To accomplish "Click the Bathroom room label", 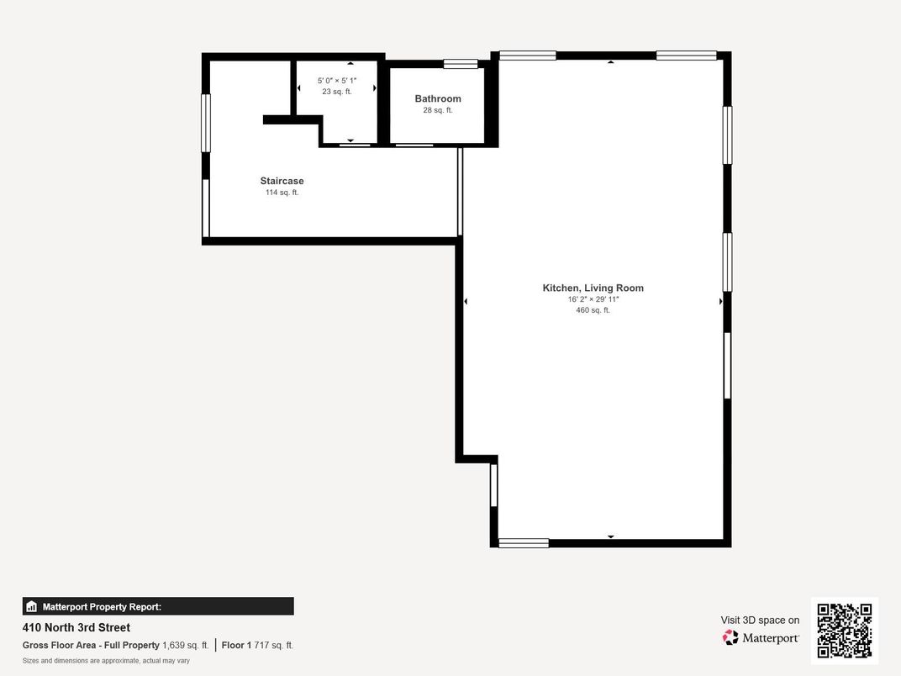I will coord(438,99).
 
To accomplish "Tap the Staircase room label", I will coord(282,181).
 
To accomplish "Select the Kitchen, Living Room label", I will coord(593,288).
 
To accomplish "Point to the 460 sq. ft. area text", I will coord(593,310).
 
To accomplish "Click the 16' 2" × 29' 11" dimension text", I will coord(593,299).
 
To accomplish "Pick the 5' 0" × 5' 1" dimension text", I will coord(337,81).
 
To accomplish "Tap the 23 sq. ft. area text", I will coord(337,92).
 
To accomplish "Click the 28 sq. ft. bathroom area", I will coord(438,110).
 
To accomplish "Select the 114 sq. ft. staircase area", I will coord(282,193).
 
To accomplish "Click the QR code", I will coord(844,631).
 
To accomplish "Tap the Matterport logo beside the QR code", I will coord(761,638).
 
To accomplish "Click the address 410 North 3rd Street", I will coord(76,627).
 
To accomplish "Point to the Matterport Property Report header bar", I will coord(158,606).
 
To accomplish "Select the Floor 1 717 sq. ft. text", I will coord(257,645).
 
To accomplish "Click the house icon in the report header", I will coord(32,606).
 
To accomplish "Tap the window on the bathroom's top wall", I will coord(461,63).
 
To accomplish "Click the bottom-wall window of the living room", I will coord(524,543).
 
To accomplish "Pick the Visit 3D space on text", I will coord(760,621).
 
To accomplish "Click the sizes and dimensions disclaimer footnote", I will coord(106,661).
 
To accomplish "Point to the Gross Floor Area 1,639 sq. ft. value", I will coord(185,645).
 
